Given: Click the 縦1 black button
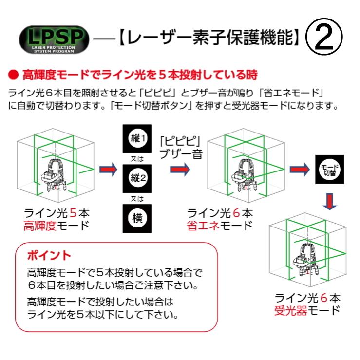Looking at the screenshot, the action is coord(137,138).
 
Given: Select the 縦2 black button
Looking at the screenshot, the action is coord(137,177).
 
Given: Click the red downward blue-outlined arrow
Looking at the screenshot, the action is coord(330,201).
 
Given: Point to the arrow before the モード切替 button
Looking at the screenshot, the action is coord(299,170).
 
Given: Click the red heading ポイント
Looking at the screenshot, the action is coord(49,255).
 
